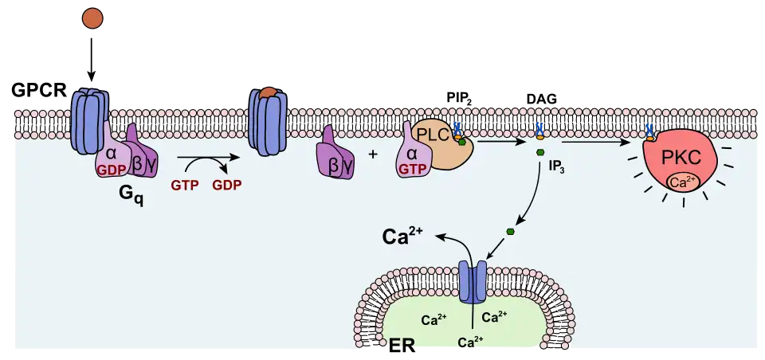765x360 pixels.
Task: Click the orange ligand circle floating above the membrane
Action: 92,18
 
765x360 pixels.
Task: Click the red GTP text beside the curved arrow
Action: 184,185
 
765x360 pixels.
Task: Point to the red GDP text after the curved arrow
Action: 226,185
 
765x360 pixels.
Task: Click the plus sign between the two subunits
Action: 373,153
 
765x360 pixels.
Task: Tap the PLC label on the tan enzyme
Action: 434,134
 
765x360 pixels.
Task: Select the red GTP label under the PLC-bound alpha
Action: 412,169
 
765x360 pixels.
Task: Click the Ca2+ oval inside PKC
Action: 680,182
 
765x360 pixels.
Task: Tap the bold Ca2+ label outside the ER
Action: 402,236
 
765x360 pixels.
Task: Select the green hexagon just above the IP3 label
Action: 540,152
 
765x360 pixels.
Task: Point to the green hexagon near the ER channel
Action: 510,232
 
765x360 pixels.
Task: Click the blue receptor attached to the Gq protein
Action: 88,119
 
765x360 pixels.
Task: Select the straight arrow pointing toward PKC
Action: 593,143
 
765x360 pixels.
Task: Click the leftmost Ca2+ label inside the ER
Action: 433,320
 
